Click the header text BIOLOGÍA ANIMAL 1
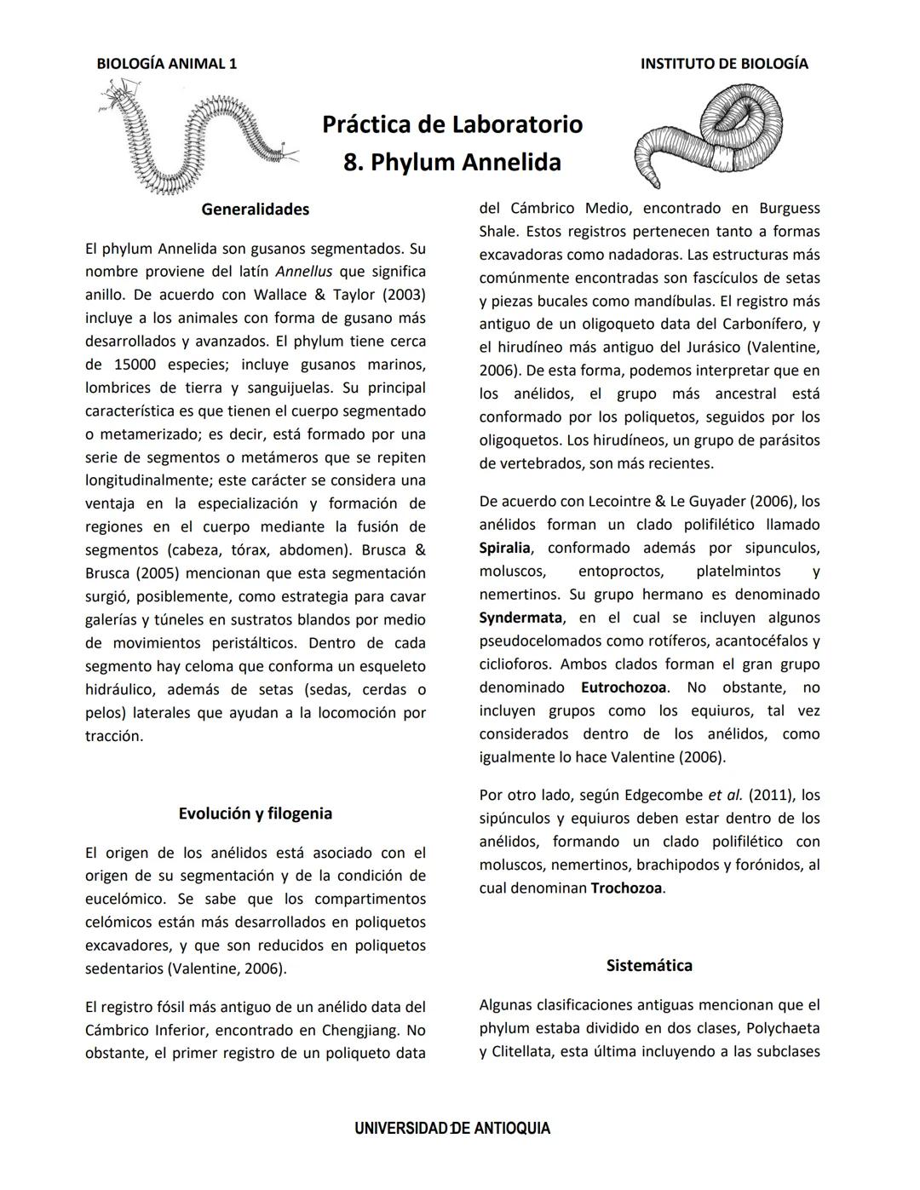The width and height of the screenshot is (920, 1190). [167, 64]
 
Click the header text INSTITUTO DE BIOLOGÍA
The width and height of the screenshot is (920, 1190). [724, 64]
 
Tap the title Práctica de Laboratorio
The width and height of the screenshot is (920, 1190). [452, 124]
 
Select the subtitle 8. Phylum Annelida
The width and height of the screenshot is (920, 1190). [452, 162]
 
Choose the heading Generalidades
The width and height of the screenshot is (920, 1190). [255, 210]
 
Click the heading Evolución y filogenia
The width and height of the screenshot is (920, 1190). [255, 813]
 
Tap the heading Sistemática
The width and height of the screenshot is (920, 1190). [649, 966]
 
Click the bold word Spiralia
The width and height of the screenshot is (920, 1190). [504, 548]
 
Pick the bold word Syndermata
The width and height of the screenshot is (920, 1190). [520, 618]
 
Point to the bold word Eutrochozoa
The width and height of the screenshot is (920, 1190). [624, 687]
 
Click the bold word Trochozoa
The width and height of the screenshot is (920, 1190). [626, 888]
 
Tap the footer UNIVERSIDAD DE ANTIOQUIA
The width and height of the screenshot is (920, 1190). [452, 1129]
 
